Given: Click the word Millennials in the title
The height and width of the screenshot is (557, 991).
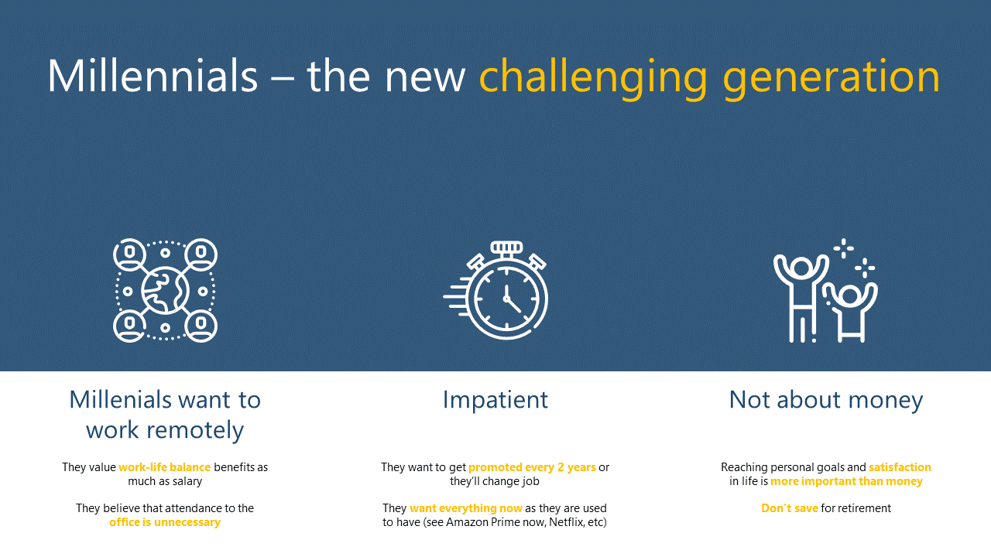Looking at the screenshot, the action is coord(153,76).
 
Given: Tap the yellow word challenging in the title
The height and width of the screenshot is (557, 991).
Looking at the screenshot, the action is coord(593,79).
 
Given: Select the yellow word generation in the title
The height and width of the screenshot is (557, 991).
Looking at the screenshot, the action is coord(832,80).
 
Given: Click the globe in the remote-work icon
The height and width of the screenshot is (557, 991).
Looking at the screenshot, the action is coord(165,290).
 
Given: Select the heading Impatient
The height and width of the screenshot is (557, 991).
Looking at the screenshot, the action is coord(495,400).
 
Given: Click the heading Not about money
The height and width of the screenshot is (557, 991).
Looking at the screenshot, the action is coord(826,400).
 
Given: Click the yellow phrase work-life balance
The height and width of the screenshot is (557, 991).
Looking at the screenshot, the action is coord(165,467).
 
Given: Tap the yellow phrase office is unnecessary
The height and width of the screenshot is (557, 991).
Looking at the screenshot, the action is coord(165,522).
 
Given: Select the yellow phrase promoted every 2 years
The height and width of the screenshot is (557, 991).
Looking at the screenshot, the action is coord(532,467).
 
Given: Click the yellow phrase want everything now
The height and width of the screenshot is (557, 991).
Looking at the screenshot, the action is coord(466,508).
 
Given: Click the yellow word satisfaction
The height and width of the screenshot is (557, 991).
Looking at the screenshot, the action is coord(900,467).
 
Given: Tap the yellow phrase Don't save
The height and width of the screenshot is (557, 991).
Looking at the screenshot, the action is coord(790,508).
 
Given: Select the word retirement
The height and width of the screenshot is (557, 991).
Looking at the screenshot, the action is coord(864,508).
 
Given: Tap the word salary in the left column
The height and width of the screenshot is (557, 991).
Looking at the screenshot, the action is coord(187,481).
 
